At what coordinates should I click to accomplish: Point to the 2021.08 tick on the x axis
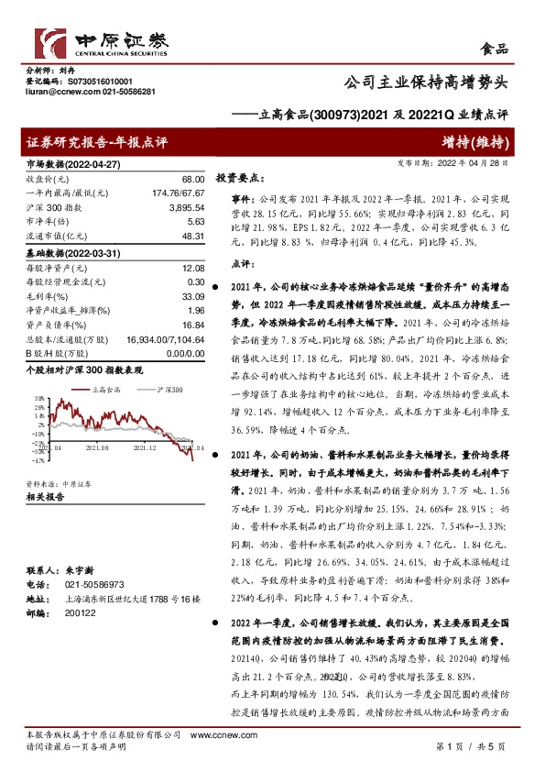pos(97,448)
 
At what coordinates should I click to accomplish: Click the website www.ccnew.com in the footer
pos(214,736)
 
